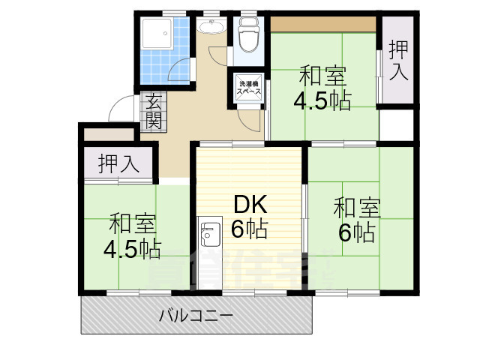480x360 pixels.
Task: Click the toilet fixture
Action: (247, 37)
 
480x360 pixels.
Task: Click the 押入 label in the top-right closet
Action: (398, 61)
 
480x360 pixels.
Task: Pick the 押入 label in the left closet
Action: (118, 164)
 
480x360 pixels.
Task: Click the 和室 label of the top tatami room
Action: (323, 76)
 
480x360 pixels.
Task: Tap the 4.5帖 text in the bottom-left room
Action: (132, 248)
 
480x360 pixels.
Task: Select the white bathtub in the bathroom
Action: (157, 33)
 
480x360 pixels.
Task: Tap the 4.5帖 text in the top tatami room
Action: (323, 101)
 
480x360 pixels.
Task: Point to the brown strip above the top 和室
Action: (322, 23)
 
